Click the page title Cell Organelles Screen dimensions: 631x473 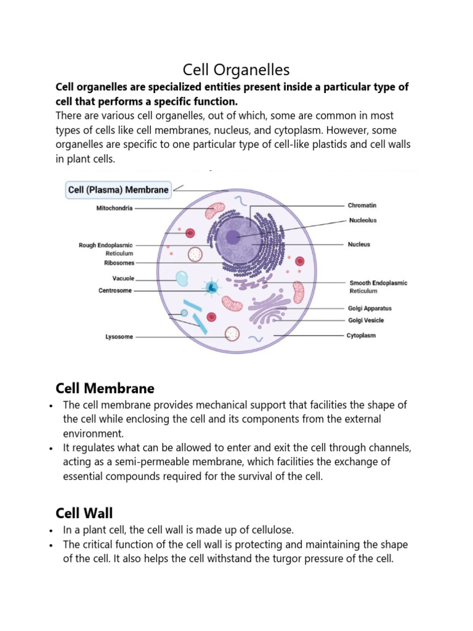[236, 69]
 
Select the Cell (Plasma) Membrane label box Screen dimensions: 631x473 [117, 190]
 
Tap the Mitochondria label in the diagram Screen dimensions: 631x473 [115, 208]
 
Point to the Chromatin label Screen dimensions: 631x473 [362, 205]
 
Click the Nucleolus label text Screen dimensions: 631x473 [362, 220]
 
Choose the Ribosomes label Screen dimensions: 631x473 [119, 263]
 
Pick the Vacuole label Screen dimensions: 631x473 [123, 278]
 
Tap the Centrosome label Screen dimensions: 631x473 [115, 290]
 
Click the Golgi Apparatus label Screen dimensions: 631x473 [370, 308]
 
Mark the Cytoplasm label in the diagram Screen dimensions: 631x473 [361, 336]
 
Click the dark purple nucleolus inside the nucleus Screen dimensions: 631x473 [233, 237]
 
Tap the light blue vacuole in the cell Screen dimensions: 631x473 [182, 279]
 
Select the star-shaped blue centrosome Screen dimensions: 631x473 [212, 287]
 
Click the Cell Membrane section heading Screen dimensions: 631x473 [105, 388]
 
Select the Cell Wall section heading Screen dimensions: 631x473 [84, 513]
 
